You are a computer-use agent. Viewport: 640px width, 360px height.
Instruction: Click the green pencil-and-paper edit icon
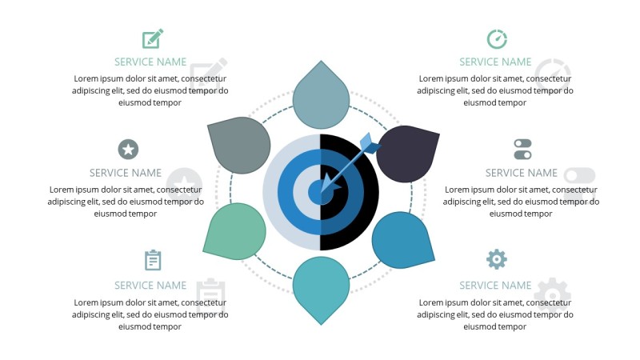(152, 38)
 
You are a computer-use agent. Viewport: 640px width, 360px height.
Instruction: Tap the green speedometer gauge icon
(497, 38)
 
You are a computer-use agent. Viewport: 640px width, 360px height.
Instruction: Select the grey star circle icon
(128, 149)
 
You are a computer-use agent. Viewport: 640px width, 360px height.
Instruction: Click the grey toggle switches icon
(522, 149)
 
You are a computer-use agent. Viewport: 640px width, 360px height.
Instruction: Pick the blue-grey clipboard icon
(153, 260)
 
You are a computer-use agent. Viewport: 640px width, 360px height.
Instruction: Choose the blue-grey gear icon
(497, 259)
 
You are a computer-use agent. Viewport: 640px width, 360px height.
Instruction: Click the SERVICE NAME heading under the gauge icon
(495, 62)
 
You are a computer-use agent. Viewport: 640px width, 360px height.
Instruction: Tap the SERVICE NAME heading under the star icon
(126, 173)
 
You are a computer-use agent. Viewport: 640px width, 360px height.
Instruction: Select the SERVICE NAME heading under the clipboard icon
(150, 285)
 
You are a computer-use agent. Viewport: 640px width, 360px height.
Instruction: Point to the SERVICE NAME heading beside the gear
(495, 285)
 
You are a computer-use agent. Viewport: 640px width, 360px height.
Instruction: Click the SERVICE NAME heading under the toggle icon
(521, 173)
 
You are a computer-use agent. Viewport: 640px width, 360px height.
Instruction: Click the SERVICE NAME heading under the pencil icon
(150, 62)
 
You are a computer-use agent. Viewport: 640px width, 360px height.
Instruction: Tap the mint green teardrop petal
(235, 230)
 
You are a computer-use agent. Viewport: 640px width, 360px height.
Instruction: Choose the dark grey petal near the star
(238, 146)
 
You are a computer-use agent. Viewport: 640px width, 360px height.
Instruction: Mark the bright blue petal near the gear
(402, 239)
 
